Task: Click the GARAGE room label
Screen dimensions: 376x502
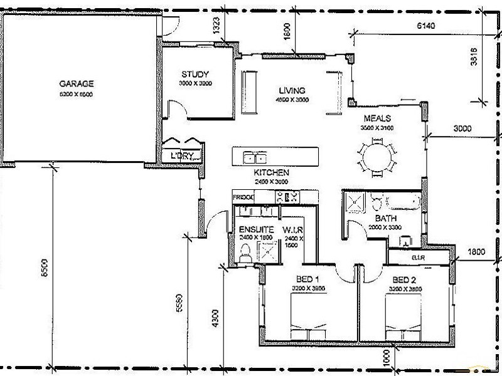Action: (x=77, y=83)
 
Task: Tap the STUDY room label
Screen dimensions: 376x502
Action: (x=195, y=74)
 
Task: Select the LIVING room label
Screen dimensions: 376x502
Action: (x=292, y=90)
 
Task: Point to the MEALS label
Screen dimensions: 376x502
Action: (x=377, y=118)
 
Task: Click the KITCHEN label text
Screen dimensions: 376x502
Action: (x=271, y=172)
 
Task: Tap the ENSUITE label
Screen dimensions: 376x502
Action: (x=256, y=230)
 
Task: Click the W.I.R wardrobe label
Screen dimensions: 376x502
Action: (x=293, y=230)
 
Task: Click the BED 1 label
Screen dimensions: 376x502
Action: (x=308, y=279)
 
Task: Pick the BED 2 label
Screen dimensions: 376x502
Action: (x=405, y=279)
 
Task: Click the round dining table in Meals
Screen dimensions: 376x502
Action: (x=377, y=156)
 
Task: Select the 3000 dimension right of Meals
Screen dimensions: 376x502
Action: (x=462, y=128)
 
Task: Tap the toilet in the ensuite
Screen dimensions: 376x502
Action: (x=245, y=254)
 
